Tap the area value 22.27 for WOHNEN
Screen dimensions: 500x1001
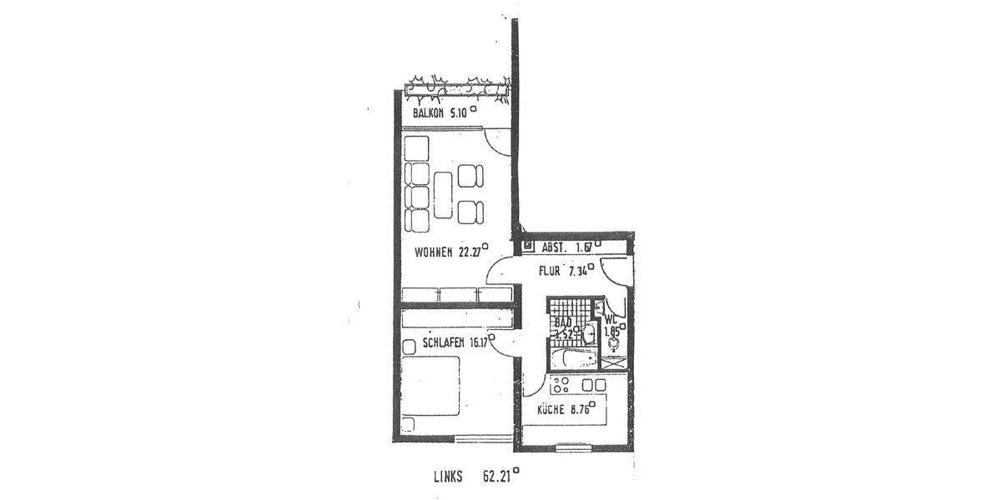pyautogui.click(x=470, y=253)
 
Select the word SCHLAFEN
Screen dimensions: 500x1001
pyautogui.click(x=442, y=342)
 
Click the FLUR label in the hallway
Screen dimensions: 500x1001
pyautogui.click(x=549, y=271)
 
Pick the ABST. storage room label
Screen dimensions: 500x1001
pyautogui.click(x=556, y=247)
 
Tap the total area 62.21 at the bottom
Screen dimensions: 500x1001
pyautogui.click(x=497, y=477)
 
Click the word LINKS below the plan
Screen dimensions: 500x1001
pyautogui.click(x=450, y=477)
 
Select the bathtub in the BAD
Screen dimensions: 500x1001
pyautogui.click(x=574, y=359)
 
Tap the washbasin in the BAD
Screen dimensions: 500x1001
pyautogui.click(x=589, y=334)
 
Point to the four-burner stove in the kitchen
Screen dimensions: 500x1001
pyautogui.click(x=561, y=385)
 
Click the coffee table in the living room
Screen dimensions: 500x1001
pyautogui.click(x=443, y=194)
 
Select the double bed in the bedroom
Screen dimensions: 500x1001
pyautogui.click(x=430, y=385)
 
